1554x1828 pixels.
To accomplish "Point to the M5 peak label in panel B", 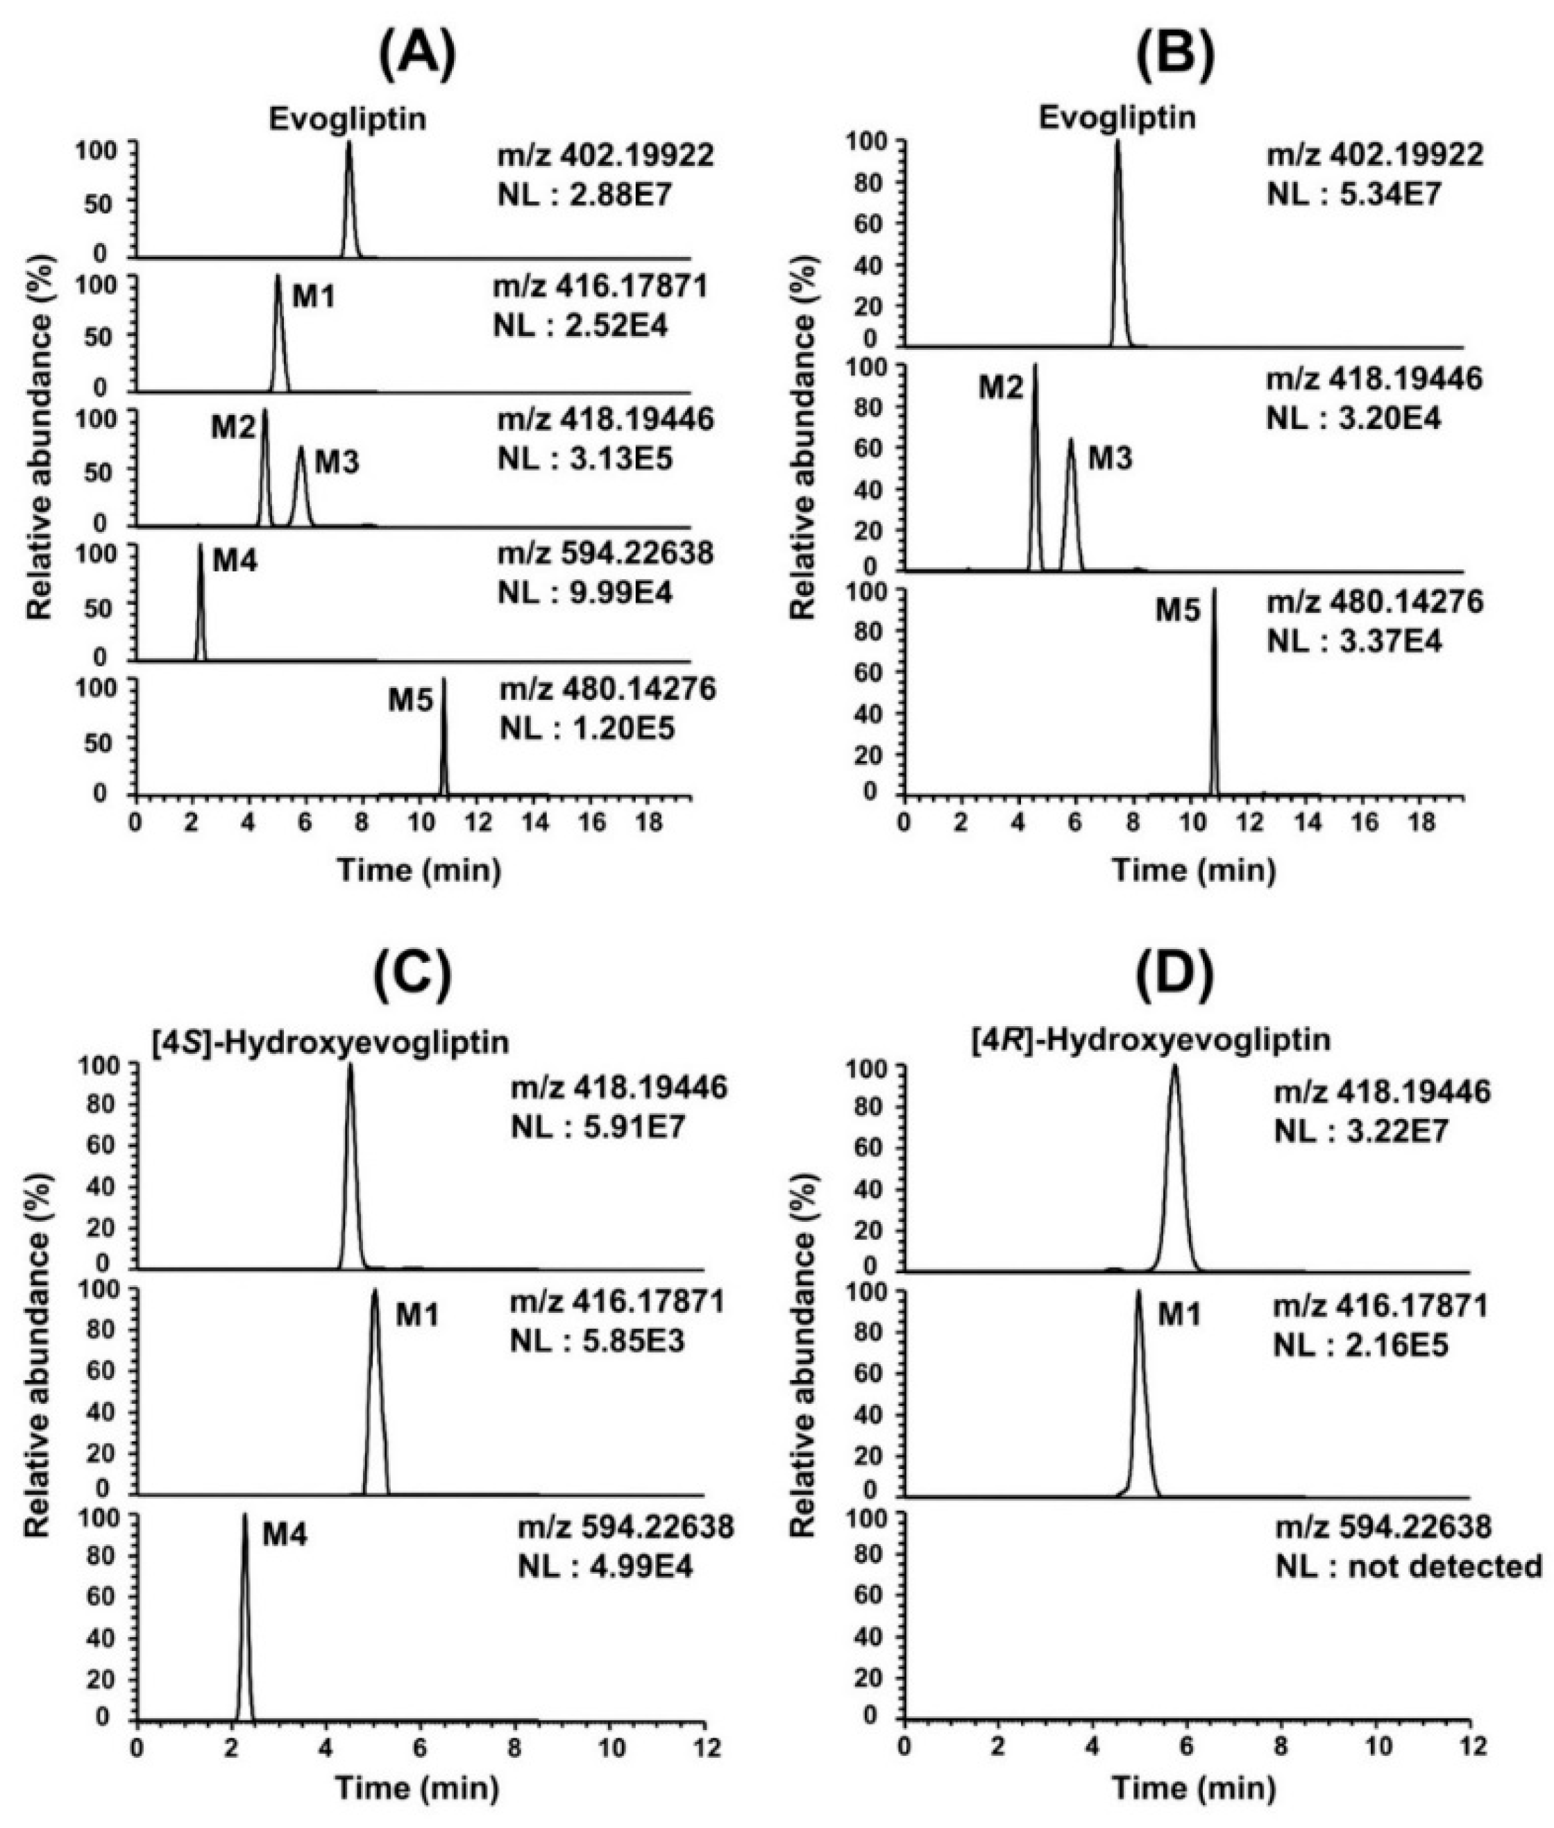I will pos(1178,610).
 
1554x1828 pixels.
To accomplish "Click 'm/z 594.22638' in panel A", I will pos(605,554).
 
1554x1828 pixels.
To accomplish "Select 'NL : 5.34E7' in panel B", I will pos(1354,194).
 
